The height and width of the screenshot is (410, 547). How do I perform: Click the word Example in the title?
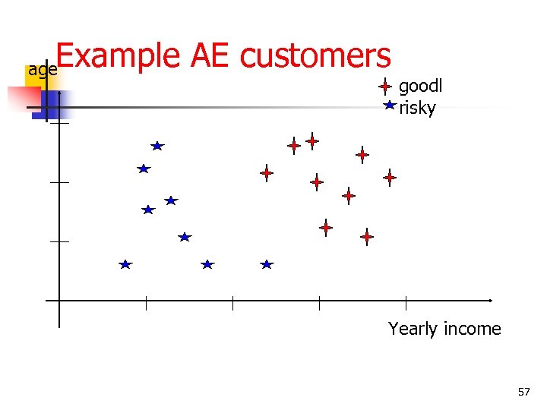(114, 56)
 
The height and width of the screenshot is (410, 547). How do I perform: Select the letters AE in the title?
(207, 56)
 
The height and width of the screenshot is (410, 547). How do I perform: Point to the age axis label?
(43, 71)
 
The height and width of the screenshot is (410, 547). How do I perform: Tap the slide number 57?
(523, 392)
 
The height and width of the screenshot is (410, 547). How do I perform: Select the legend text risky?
(417, 108)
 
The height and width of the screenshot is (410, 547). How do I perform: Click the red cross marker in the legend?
(386, 87)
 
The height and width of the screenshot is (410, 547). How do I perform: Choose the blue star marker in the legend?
(389, 106)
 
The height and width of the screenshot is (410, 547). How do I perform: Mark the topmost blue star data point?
(157, 145)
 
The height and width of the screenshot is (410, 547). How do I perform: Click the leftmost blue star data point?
(125, 264)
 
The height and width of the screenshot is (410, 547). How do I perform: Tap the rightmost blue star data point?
(267, 264)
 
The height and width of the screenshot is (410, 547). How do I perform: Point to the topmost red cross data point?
(312, 140)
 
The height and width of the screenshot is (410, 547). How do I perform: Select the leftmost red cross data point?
(267, 173)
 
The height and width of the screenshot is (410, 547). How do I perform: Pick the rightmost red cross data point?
(390, 178)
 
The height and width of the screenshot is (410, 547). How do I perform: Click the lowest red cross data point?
(367, 237)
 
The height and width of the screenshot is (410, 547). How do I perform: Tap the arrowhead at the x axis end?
(490, 301)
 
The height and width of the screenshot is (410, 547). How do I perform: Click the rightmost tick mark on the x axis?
(406, 302)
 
